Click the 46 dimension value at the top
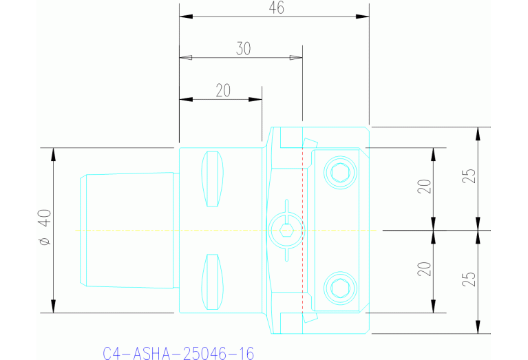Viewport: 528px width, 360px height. tap(276, 8)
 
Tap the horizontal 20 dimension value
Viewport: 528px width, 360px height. tap(222, 91)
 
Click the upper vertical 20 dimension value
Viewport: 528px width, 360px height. tap(425, 187)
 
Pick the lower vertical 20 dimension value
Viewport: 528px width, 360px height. tap(425, 268)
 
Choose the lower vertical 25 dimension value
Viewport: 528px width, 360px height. tap(469, 279)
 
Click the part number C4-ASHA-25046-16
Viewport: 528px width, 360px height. tap(178, 354)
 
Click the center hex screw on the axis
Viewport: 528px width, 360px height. tap(286, 230)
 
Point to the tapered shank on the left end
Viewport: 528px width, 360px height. tap(127, 230)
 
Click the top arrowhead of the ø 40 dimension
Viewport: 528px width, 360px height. tap(54, 153)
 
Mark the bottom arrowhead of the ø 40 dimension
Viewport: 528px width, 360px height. tap(54, 306)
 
